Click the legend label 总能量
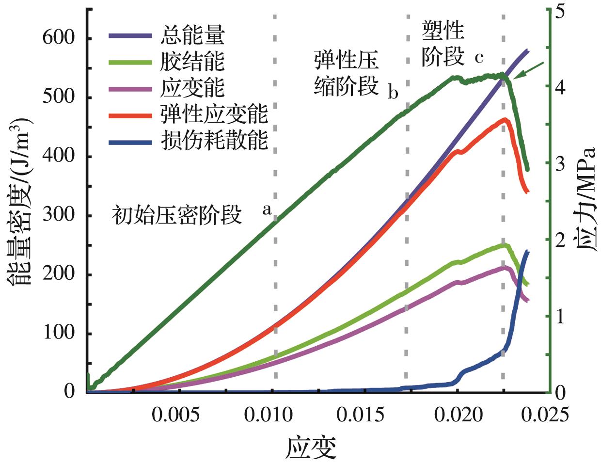192,35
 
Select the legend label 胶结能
192,62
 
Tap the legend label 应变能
192,88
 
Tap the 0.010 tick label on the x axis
275,415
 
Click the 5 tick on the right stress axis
561,11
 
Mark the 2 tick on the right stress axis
561,241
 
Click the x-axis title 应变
311,447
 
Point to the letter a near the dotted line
266,210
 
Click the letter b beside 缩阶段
393,92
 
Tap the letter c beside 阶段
479,58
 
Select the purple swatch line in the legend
130,35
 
